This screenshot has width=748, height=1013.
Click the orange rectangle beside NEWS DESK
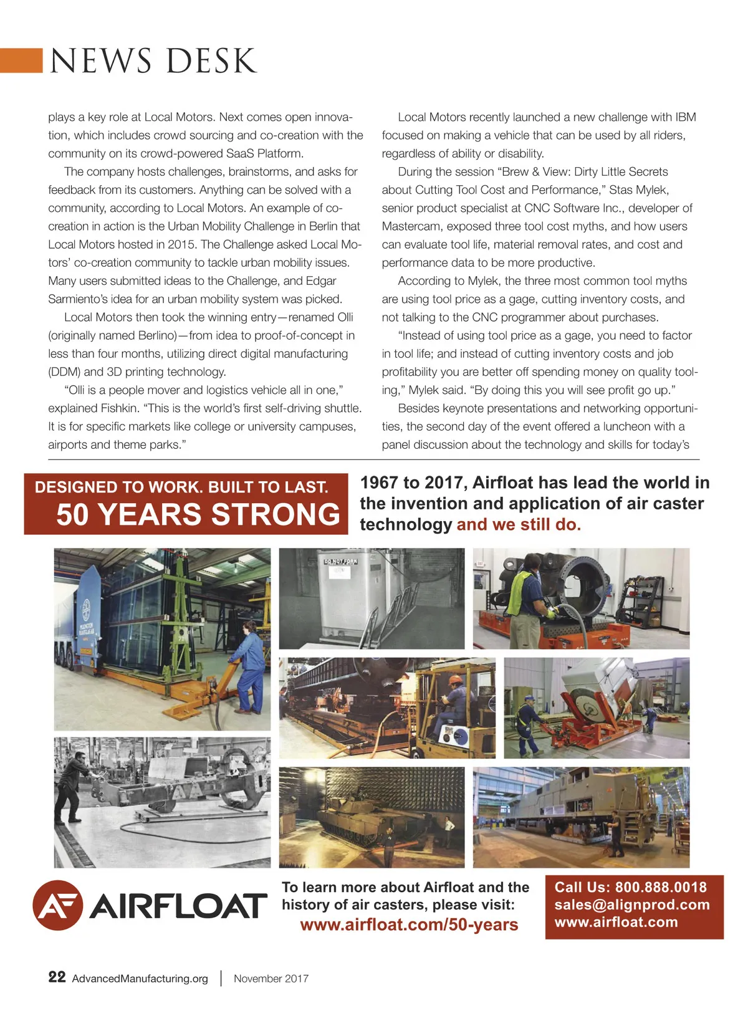[x=21, y=60]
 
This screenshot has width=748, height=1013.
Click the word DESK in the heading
[x=211, y=61]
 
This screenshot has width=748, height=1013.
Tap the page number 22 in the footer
[x=57, y=977]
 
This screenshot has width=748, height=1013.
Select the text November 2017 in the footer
[x=271, y=978]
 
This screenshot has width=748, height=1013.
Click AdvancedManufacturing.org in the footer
[x=140, y=978]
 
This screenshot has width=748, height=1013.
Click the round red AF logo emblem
[x=57, y=905]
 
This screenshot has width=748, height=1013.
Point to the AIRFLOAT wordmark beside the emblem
[x=178, y=906]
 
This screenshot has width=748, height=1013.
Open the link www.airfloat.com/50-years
[x=409, y=924]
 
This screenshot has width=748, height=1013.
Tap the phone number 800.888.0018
[x=661, y=887]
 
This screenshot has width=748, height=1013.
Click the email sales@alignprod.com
[x=632, y=905]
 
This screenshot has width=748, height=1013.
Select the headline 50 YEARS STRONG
[x=198, y=515]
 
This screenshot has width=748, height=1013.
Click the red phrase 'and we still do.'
[x=519, y=524]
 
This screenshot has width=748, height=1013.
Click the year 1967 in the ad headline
[x=379, y=482]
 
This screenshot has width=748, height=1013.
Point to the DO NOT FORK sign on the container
[x=340, y=562]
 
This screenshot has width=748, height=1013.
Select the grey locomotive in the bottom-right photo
[x=573, y=804]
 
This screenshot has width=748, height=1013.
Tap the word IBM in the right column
[x=686, y=117]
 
